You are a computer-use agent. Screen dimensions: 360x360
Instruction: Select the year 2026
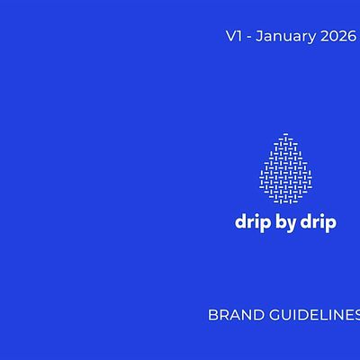tap(337, 37)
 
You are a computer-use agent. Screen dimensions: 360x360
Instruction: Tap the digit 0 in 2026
tap(332, 37)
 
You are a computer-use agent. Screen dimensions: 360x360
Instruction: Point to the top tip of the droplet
tap(284, 134)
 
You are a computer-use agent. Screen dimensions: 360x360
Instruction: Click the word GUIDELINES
tap(310, 316)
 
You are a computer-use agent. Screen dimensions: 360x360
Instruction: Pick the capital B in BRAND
tap(212, 316)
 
